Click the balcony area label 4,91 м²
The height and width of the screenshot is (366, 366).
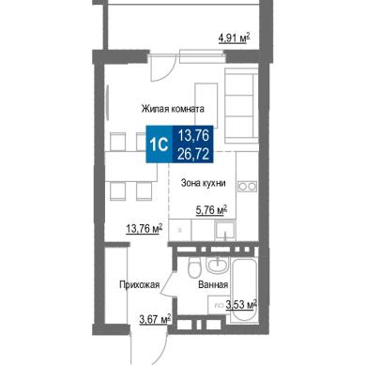[x=234, y=38]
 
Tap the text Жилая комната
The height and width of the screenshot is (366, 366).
[x=173, y=109]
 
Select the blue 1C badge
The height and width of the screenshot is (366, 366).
[x=160, y=145]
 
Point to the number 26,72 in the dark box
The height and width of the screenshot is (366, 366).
[x=193, y=154]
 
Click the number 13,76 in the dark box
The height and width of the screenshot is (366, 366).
[x=193, y=135]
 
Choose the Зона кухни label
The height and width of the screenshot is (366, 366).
[x=203, y=183]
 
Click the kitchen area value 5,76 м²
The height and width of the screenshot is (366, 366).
[x=211, y=210]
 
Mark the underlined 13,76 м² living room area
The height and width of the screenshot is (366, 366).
[x=144, y=229]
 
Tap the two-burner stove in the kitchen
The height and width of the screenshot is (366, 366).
[x=248, y=187]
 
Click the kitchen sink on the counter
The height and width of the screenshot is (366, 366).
[x=225, y=229]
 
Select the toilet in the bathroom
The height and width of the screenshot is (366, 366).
[x=194, y=267]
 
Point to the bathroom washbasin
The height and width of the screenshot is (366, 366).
[x=217, y=265]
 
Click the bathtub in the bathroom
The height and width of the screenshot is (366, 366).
[x=244, y=290]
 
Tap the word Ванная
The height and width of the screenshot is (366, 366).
[x=213, y=285]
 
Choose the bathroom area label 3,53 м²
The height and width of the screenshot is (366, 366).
[x=241, y=305]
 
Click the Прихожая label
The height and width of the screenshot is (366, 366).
[x=140, y=284]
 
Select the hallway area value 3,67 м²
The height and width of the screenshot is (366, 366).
[x=155, y=320]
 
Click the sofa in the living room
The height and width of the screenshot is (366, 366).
[x=241, y=106]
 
